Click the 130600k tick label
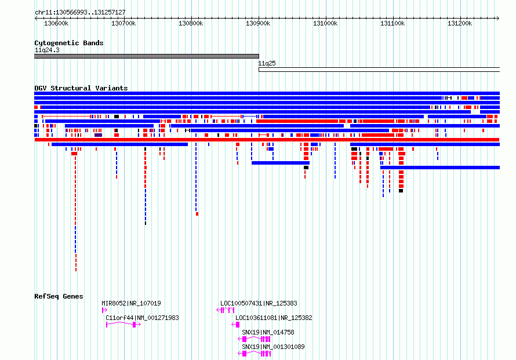tap(56, 23)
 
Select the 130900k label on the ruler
tap(258, 23)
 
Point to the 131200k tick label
tap(460, 23)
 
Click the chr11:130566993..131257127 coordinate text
tap(80, 12)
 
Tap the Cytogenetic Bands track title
tap(69, 43)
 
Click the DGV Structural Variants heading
tap(81, 88)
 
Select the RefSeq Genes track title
tap(59, 296)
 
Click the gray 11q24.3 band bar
tap(147, 56)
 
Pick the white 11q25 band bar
tap(379, 70)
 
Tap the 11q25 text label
tap(267, 63)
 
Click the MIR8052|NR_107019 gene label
tap(131, 303)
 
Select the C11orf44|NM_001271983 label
tap(142, 318)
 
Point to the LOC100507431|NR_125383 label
tap(259, 303)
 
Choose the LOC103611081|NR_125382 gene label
tap(274, 318)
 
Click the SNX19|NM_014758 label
tap(268, 332)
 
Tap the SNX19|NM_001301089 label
tap(273, 347)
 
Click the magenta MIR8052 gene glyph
tap(104, 310)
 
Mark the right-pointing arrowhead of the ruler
tap(498, 19)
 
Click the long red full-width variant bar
tap(267, 140)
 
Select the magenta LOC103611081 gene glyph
tap(235, 325)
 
